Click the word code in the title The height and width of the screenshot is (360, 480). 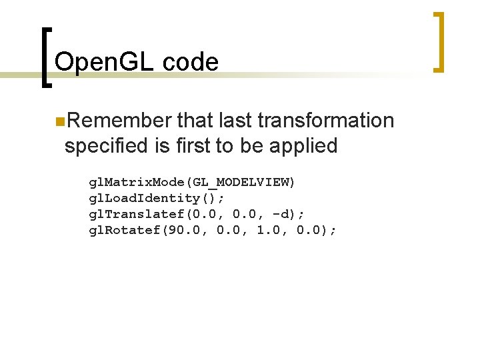tap(190, 62)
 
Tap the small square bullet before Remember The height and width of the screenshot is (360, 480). tap(59, 121)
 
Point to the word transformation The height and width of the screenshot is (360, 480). tap(325, 121)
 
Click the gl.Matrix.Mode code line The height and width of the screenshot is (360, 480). tap(193, 182)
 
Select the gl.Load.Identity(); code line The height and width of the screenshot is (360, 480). tap(157, 198)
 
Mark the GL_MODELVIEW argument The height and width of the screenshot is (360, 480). tap(241, 182)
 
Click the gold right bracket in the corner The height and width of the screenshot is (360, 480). tap(439, 41)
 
